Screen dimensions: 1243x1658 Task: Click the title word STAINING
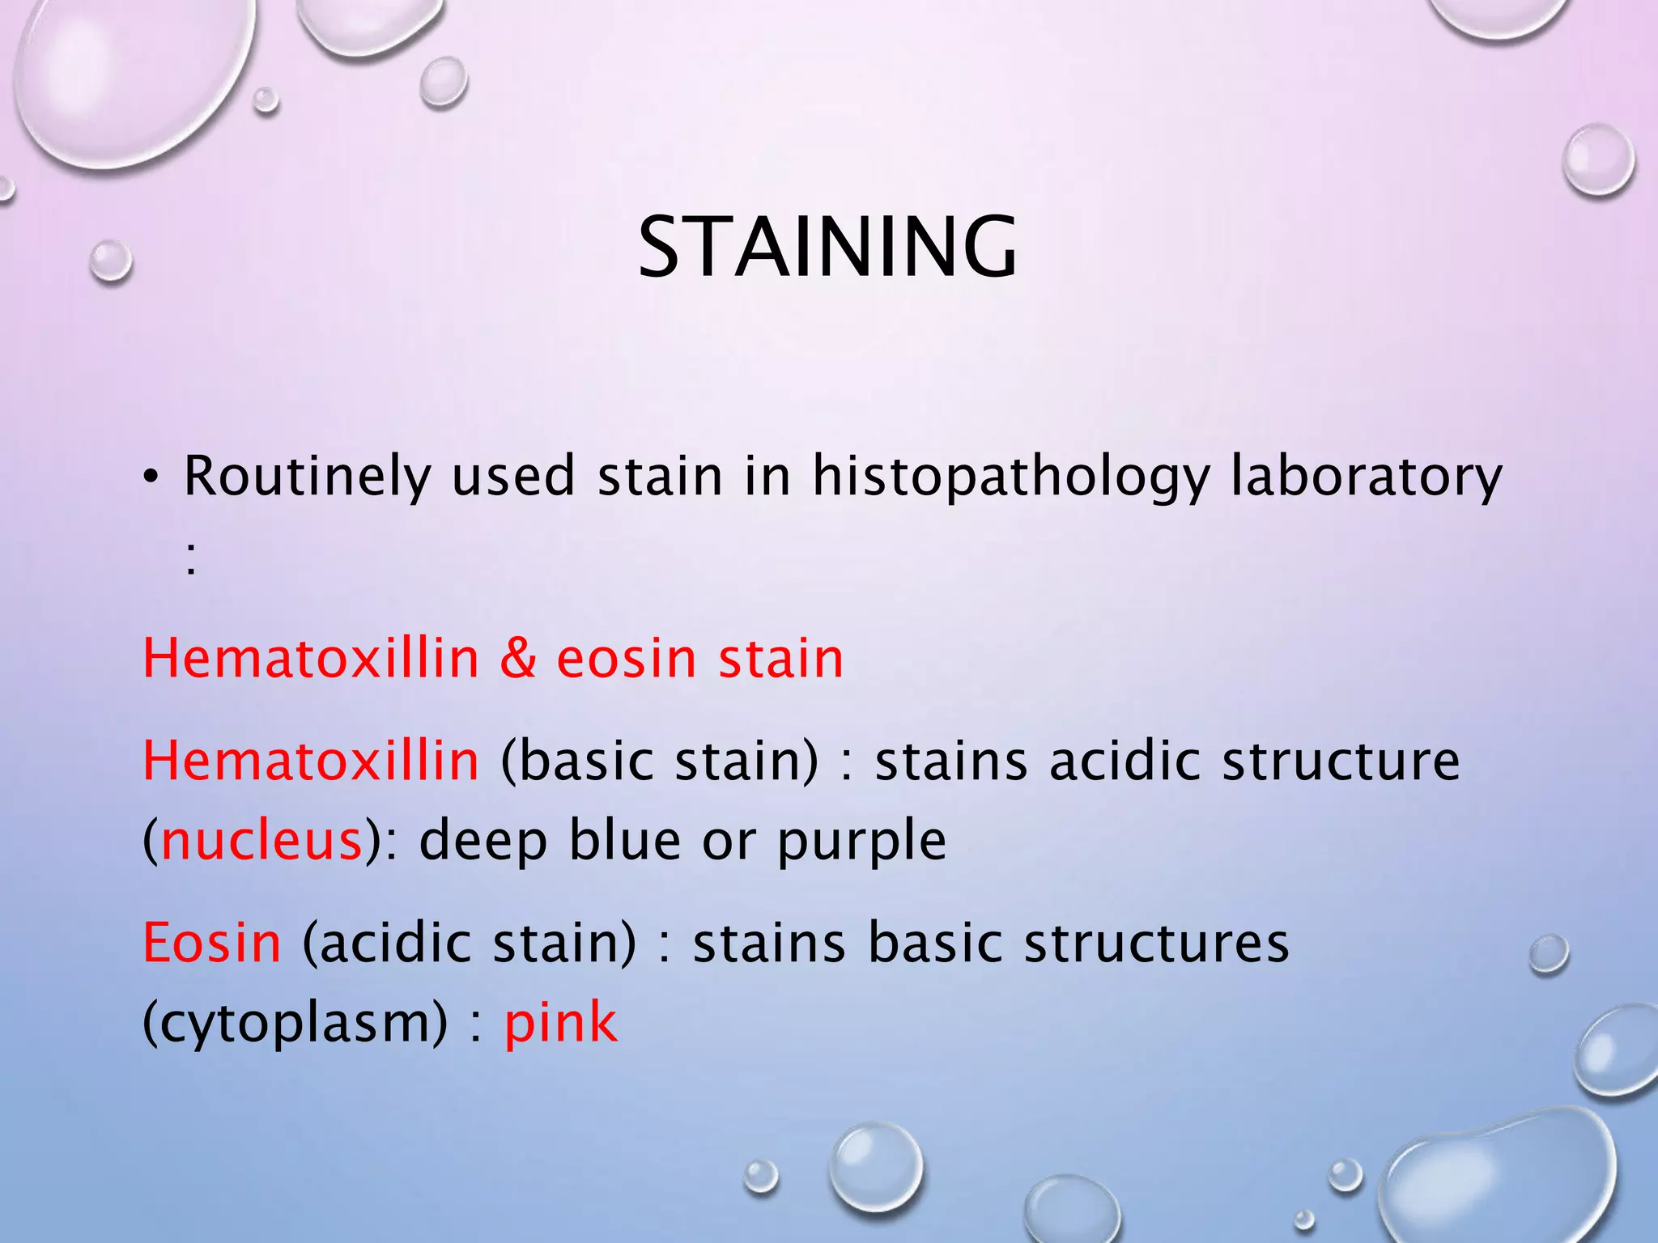coord(827,247)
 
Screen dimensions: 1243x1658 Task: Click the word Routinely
coord(306,477)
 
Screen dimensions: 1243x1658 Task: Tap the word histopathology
coord(1010,477)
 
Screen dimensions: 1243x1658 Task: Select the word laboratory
coord(1366,477)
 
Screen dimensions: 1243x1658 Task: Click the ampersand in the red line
coord(518,658)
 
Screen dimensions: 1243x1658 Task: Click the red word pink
coord(560,1022)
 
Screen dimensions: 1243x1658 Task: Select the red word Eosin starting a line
coord(212,943)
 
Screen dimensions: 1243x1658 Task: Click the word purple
coord(861,842)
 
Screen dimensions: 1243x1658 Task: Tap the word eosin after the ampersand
coord(627,658)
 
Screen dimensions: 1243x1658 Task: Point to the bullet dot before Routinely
coord(151,479)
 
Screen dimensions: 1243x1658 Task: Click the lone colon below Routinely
coord(190,558)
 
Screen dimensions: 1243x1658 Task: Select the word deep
coord(483,842)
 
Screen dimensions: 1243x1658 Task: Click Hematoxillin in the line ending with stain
coord(311,658)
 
